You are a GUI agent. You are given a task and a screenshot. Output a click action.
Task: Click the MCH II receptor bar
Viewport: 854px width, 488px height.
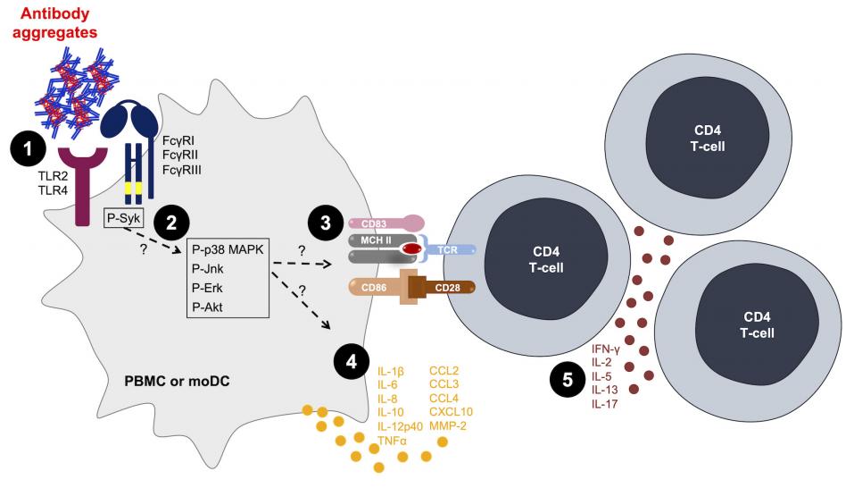tap(373, 240)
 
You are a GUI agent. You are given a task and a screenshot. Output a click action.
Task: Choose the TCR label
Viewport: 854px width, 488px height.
tap(449, 251)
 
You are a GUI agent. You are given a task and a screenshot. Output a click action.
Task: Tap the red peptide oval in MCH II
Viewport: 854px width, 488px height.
tap(411, 248)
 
